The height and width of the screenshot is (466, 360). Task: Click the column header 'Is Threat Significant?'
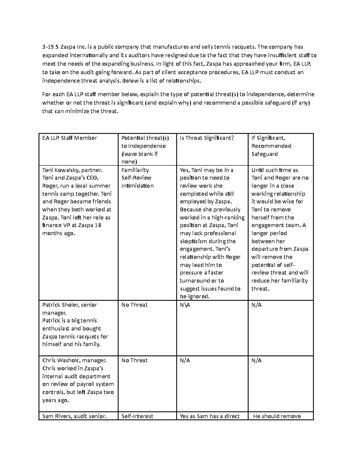tap(207, 138)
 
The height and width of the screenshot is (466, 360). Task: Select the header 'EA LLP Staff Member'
tap(70, 138)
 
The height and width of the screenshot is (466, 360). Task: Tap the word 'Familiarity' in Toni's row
tap(135, 170)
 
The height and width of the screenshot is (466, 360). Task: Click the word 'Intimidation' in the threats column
tap(137, 186)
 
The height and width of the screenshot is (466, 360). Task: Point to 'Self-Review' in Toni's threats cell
tap(136, 178)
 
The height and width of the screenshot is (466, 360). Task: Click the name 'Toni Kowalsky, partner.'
tap(72, 170)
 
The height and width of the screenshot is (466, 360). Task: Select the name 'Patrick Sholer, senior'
tap(70, 305)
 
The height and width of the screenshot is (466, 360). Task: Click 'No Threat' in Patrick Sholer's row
tap(134, 305)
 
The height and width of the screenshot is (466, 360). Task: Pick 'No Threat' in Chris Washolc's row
tap(134, 360)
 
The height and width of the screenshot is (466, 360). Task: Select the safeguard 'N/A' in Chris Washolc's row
tap(256, 360)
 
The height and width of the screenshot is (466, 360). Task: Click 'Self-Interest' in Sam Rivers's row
tap(137, 416)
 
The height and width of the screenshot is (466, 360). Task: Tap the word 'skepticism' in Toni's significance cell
tap(193, 241)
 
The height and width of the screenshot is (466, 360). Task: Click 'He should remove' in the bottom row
tap(277, 416)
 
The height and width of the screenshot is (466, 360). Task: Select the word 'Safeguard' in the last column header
tap(264, 154)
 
